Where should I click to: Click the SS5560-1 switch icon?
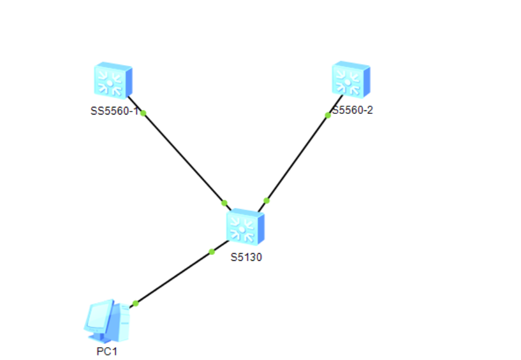pos(112,80)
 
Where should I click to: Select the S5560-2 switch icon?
pos(350,79)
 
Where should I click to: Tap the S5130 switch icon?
pos(244,227)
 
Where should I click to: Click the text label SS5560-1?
pos(114,110)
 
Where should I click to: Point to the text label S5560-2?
pos(353,110)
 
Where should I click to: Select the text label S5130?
pos(246,257)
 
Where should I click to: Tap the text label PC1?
pos(107,351)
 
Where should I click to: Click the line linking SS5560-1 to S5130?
pos(183,157)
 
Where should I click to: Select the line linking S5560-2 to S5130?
pos(297,158)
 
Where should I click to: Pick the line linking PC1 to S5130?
pos(173,278)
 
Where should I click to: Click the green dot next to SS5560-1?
pos(143,113)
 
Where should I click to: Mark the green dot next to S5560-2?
pos(328,115)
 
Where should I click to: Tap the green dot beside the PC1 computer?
pos(135,304)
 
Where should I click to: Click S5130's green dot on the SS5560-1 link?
pos(224,203)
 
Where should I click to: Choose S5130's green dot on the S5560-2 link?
pos(266,201)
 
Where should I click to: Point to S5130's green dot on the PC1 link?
pos(211,252)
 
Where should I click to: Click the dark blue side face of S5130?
pos(261,228)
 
